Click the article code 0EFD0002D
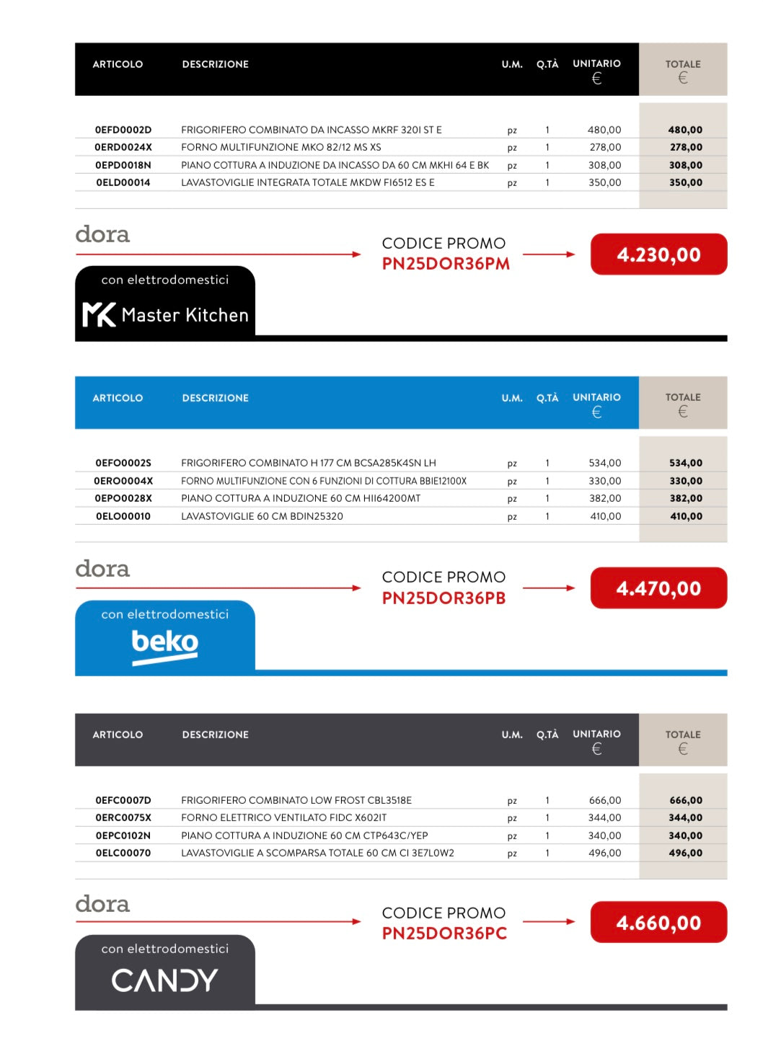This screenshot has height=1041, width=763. (x=123, y=130)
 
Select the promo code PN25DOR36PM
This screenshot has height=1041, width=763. (x=446, y=264)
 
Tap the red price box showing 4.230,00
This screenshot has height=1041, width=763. (x=658, y=254)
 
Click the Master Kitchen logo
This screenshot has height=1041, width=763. (x=165, y=314)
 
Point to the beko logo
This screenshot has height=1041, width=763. (x=164, y=643)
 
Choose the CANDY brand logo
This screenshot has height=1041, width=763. (x=164, y=980)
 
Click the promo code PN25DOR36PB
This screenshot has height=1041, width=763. (x=444, y=598)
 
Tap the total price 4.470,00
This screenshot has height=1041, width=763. (x=658, y=588)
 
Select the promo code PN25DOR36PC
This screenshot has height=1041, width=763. (x=444, y=934)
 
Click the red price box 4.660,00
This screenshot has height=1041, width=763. (x=658, y=923)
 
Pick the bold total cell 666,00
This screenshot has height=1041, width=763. (x=685, y=800)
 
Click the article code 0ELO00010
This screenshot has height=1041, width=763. (x=123, y=516)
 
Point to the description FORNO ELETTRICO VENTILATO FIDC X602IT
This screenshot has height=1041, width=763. (x=283, y=818)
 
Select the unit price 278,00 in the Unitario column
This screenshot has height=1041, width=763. (x=604, y=147)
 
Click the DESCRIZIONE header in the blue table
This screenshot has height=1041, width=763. (x=215, y=398)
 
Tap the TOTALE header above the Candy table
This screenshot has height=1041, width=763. (x=682, y=735)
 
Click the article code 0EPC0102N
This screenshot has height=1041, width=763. (x=123, y=836)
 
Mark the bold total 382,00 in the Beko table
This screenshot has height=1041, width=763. (x=685, y=498)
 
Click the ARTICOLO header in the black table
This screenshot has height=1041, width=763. (x=118, y=64)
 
